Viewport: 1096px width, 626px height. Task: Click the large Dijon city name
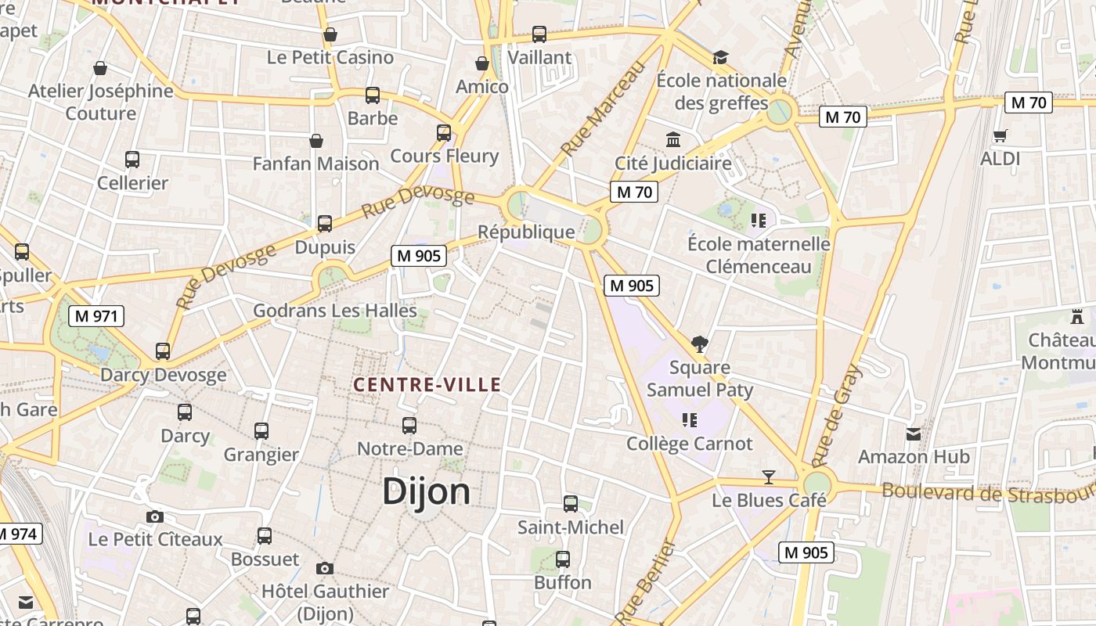pos(427,491)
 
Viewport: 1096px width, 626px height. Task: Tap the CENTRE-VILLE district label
pos(427,385)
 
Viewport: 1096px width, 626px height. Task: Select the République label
pos(526,232)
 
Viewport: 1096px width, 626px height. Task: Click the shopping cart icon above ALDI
pos(1000,136)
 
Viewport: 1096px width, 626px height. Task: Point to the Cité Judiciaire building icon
pos(672,140)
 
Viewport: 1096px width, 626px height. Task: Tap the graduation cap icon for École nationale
pos(720,58)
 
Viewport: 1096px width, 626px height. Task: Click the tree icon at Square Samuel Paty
pos(700,344)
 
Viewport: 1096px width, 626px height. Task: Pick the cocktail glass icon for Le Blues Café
pos(769,477)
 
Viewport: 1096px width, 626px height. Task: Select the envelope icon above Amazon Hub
pos(914,434)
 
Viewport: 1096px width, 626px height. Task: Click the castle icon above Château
pos(1077,317)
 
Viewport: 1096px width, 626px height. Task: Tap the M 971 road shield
pos(96,316)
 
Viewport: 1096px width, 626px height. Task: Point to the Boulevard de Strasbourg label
pos(988,493)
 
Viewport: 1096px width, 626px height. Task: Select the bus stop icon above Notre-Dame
pos(409,426)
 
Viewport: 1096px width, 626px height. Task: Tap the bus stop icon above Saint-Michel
pos(571,504)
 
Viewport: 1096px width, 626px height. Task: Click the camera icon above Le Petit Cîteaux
pos(155,516)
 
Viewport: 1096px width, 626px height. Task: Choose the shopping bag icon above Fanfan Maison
pos(316,141)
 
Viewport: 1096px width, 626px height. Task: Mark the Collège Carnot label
pos(690,444)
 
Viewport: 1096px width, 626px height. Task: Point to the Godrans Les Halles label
pos(335,311)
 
